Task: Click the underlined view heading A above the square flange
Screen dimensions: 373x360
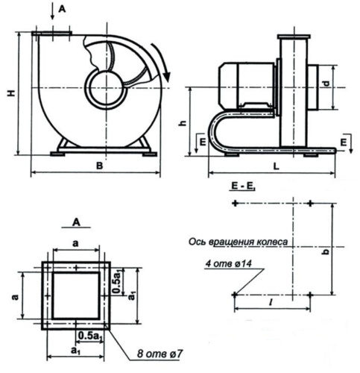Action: point(78,222)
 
